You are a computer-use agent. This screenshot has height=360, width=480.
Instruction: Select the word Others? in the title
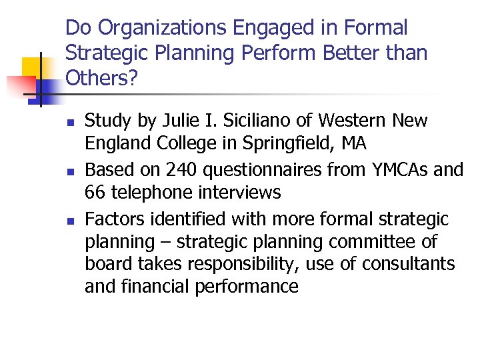click(102, 78)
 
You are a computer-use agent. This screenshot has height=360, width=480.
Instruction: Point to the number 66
click(97, 193)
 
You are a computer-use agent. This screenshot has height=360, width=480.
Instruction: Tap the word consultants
click(409, 264)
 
